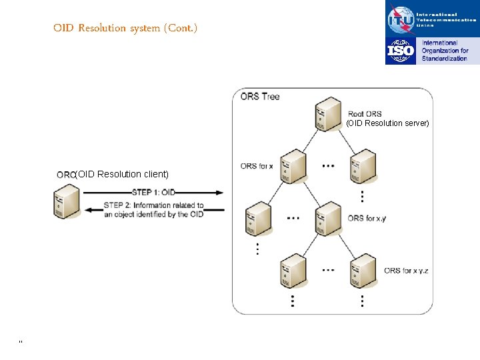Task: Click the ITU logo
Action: coord(401,19)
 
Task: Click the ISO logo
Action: coord(401,51)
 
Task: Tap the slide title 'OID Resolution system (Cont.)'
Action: coord(125,28)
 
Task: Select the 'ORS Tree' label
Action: coord(260,97)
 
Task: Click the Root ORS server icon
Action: coord(328,115)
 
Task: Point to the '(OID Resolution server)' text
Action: coord(387,123)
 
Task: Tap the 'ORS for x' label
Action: coord(257,166)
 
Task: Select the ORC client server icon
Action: coord(66,202)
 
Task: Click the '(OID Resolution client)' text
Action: coord(122,175)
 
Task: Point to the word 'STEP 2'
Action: coord(117,205)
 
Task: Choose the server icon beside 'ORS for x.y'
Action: coord(328,218)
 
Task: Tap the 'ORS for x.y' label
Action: coord(366,218)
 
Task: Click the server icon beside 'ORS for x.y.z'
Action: coord(363,270)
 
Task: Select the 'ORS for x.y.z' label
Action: coord(406,271)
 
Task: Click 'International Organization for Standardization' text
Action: coord(445,51)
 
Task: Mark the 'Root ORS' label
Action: coord(365,114)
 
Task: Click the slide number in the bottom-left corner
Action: coord(21,342)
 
